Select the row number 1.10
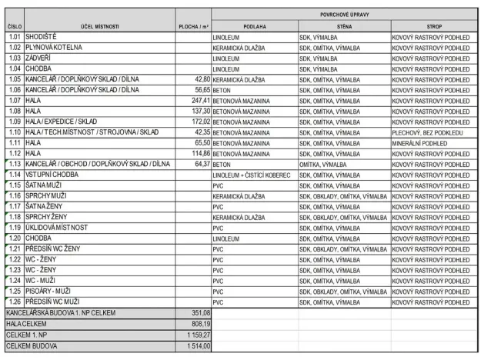14,132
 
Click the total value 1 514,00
198,346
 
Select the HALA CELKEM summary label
25,325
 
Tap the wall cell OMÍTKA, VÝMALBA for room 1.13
322,164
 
